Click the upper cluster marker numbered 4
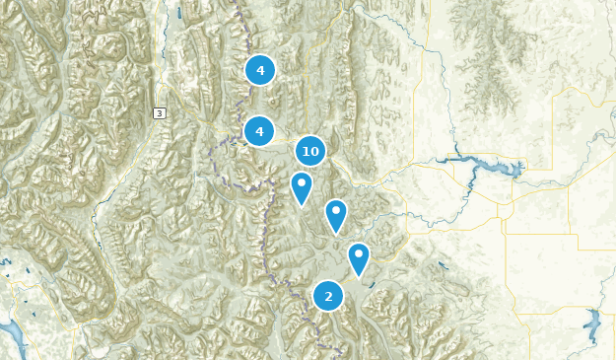tap(259, 70)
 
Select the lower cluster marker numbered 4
tap(259, 130)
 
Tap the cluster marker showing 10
tap(310, 151)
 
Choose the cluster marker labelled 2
tap(328, 296)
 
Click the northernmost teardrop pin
tap(302, 185)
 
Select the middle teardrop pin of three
tap(336, 214)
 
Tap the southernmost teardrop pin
tap(359, 257)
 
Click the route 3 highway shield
tap(160, 113)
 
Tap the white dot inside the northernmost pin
tap(302, 181)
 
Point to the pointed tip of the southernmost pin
tap(359, 277)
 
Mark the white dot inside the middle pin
tap(336, 209)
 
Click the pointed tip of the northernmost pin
tap(302, 205)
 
